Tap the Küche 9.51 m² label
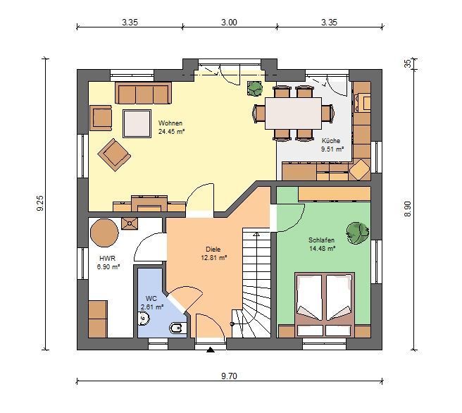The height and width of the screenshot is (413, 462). [x=332, y=144]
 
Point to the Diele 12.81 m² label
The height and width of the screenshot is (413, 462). [x=213, y=254]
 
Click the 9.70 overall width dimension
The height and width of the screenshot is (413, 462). [x=229, y=376]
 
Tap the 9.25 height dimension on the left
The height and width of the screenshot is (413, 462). [x=40, y=203]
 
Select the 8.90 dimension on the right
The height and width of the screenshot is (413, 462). [x=407, y=209]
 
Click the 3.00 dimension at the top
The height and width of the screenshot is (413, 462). [x=229, y=23]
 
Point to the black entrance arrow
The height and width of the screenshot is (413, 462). [x=210, y=350]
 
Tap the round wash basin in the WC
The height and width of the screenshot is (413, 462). [x=144, y=319]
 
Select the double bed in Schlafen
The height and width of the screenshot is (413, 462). [x=325, y=304]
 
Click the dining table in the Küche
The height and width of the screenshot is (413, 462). [x=293, y=113]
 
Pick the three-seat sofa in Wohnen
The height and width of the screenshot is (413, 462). [x=144, y=93]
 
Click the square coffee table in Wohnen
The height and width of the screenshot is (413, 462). [x=137, y=123]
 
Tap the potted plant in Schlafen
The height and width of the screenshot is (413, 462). [x=357, y=233]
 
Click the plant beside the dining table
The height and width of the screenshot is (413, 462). [x=255, y=88]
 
